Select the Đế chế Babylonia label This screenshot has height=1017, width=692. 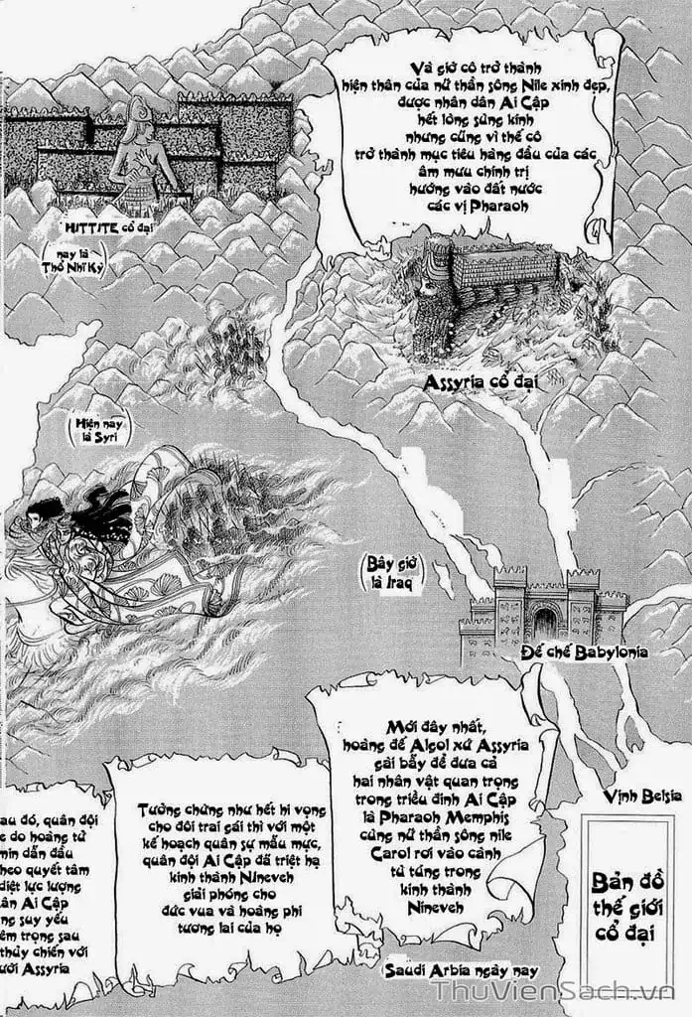[584, 653]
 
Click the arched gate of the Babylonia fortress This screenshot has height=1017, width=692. [545, 624]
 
